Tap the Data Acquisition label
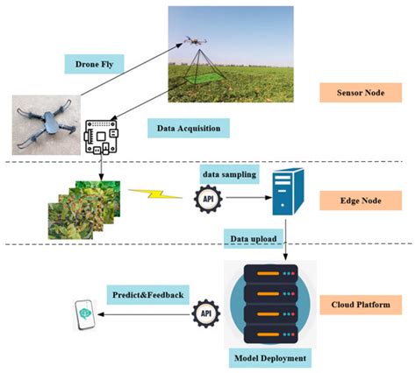pos(187,128)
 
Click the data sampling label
pos(229,174)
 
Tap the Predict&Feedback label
pos(147,294)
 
